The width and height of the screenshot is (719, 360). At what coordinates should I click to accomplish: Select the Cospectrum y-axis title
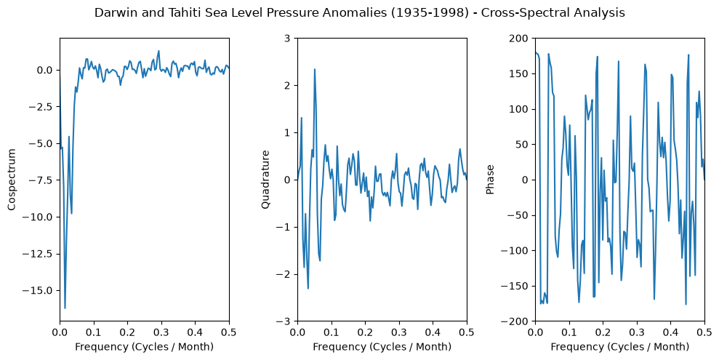12,180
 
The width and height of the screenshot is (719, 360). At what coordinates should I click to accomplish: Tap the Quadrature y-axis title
265,180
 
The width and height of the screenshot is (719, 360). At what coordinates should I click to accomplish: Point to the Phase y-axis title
490,180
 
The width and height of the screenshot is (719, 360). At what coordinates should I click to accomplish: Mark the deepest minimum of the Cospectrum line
65,308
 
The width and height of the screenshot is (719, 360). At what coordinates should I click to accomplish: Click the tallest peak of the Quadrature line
315,69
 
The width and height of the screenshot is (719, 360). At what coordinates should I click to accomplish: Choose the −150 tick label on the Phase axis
517,286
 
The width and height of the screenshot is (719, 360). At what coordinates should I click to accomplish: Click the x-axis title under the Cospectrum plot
145,347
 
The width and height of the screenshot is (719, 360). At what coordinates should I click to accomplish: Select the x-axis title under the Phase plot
620,347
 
